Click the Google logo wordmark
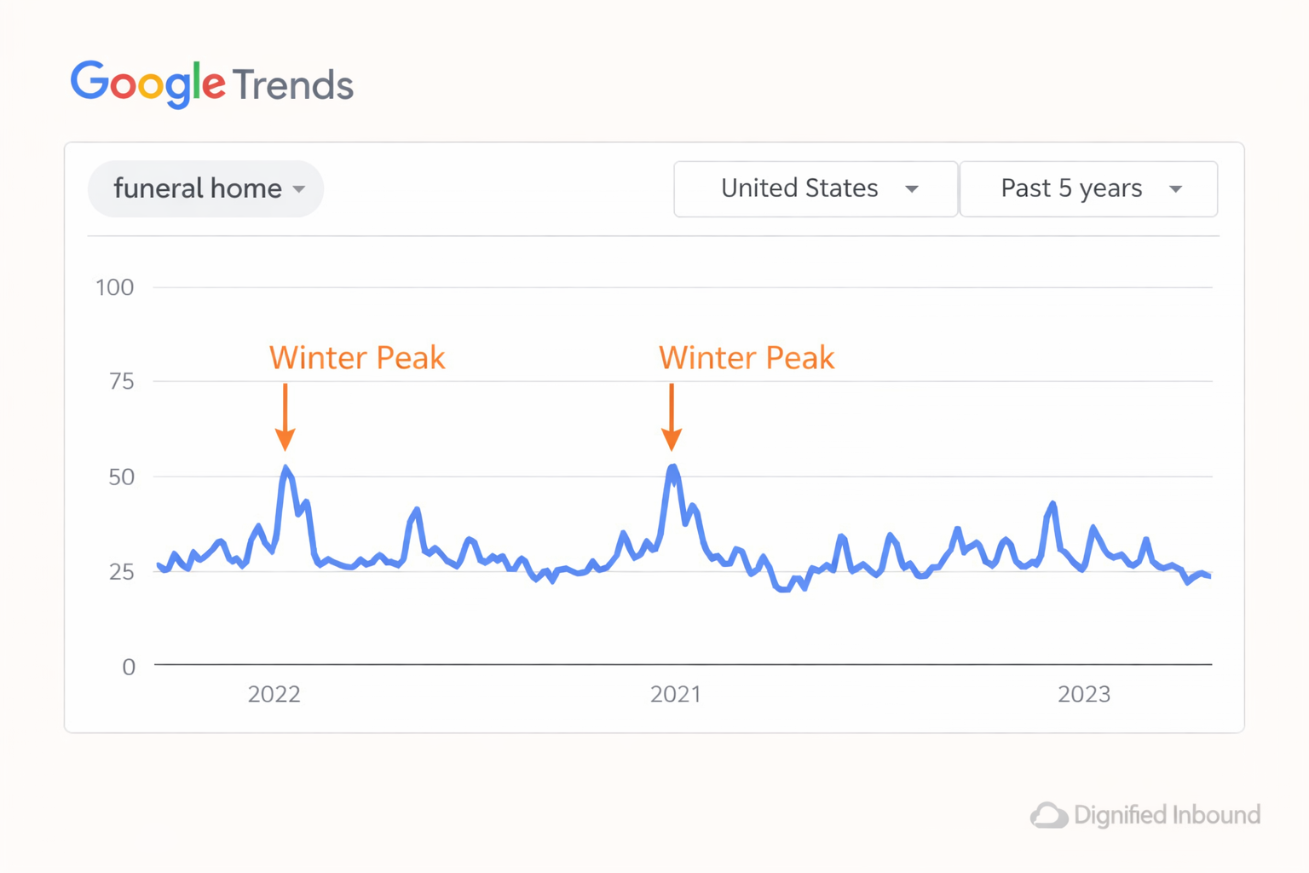[x=147, y=84]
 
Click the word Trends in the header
[x=292, y=85]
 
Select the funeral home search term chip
[x=205, y=188]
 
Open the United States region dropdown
[x=816, y=188]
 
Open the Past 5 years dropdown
[x=1088, y=188]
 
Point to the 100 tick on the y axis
[x=114, y=287]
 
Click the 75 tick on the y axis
[x=122, y=381]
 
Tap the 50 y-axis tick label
[x=122, y=477]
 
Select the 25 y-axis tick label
[x=122, y=571]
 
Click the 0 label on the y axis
[x=129, y=666]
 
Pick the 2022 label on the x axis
[x=274, y=694]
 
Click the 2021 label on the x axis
[x=676, y=694]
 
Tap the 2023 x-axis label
[x=1084, y=694]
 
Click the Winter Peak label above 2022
[x=357, y=358]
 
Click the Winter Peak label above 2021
[x=747, y=358]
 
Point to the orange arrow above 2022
[x=285, y=417]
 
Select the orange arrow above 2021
[x=672, y=417]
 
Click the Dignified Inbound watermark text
[x=1167, y=815]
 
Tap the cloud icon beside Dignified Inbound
[x=1049, y=816]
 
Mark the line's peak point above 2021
[x=673, y=466]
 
